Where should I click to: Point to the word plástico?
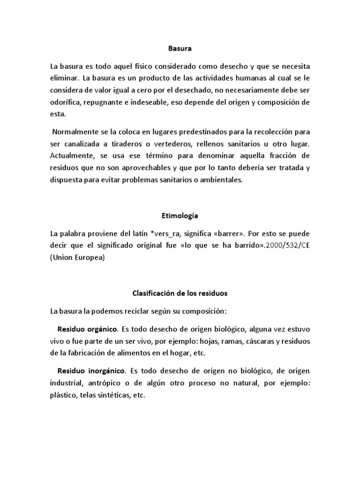64,395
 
